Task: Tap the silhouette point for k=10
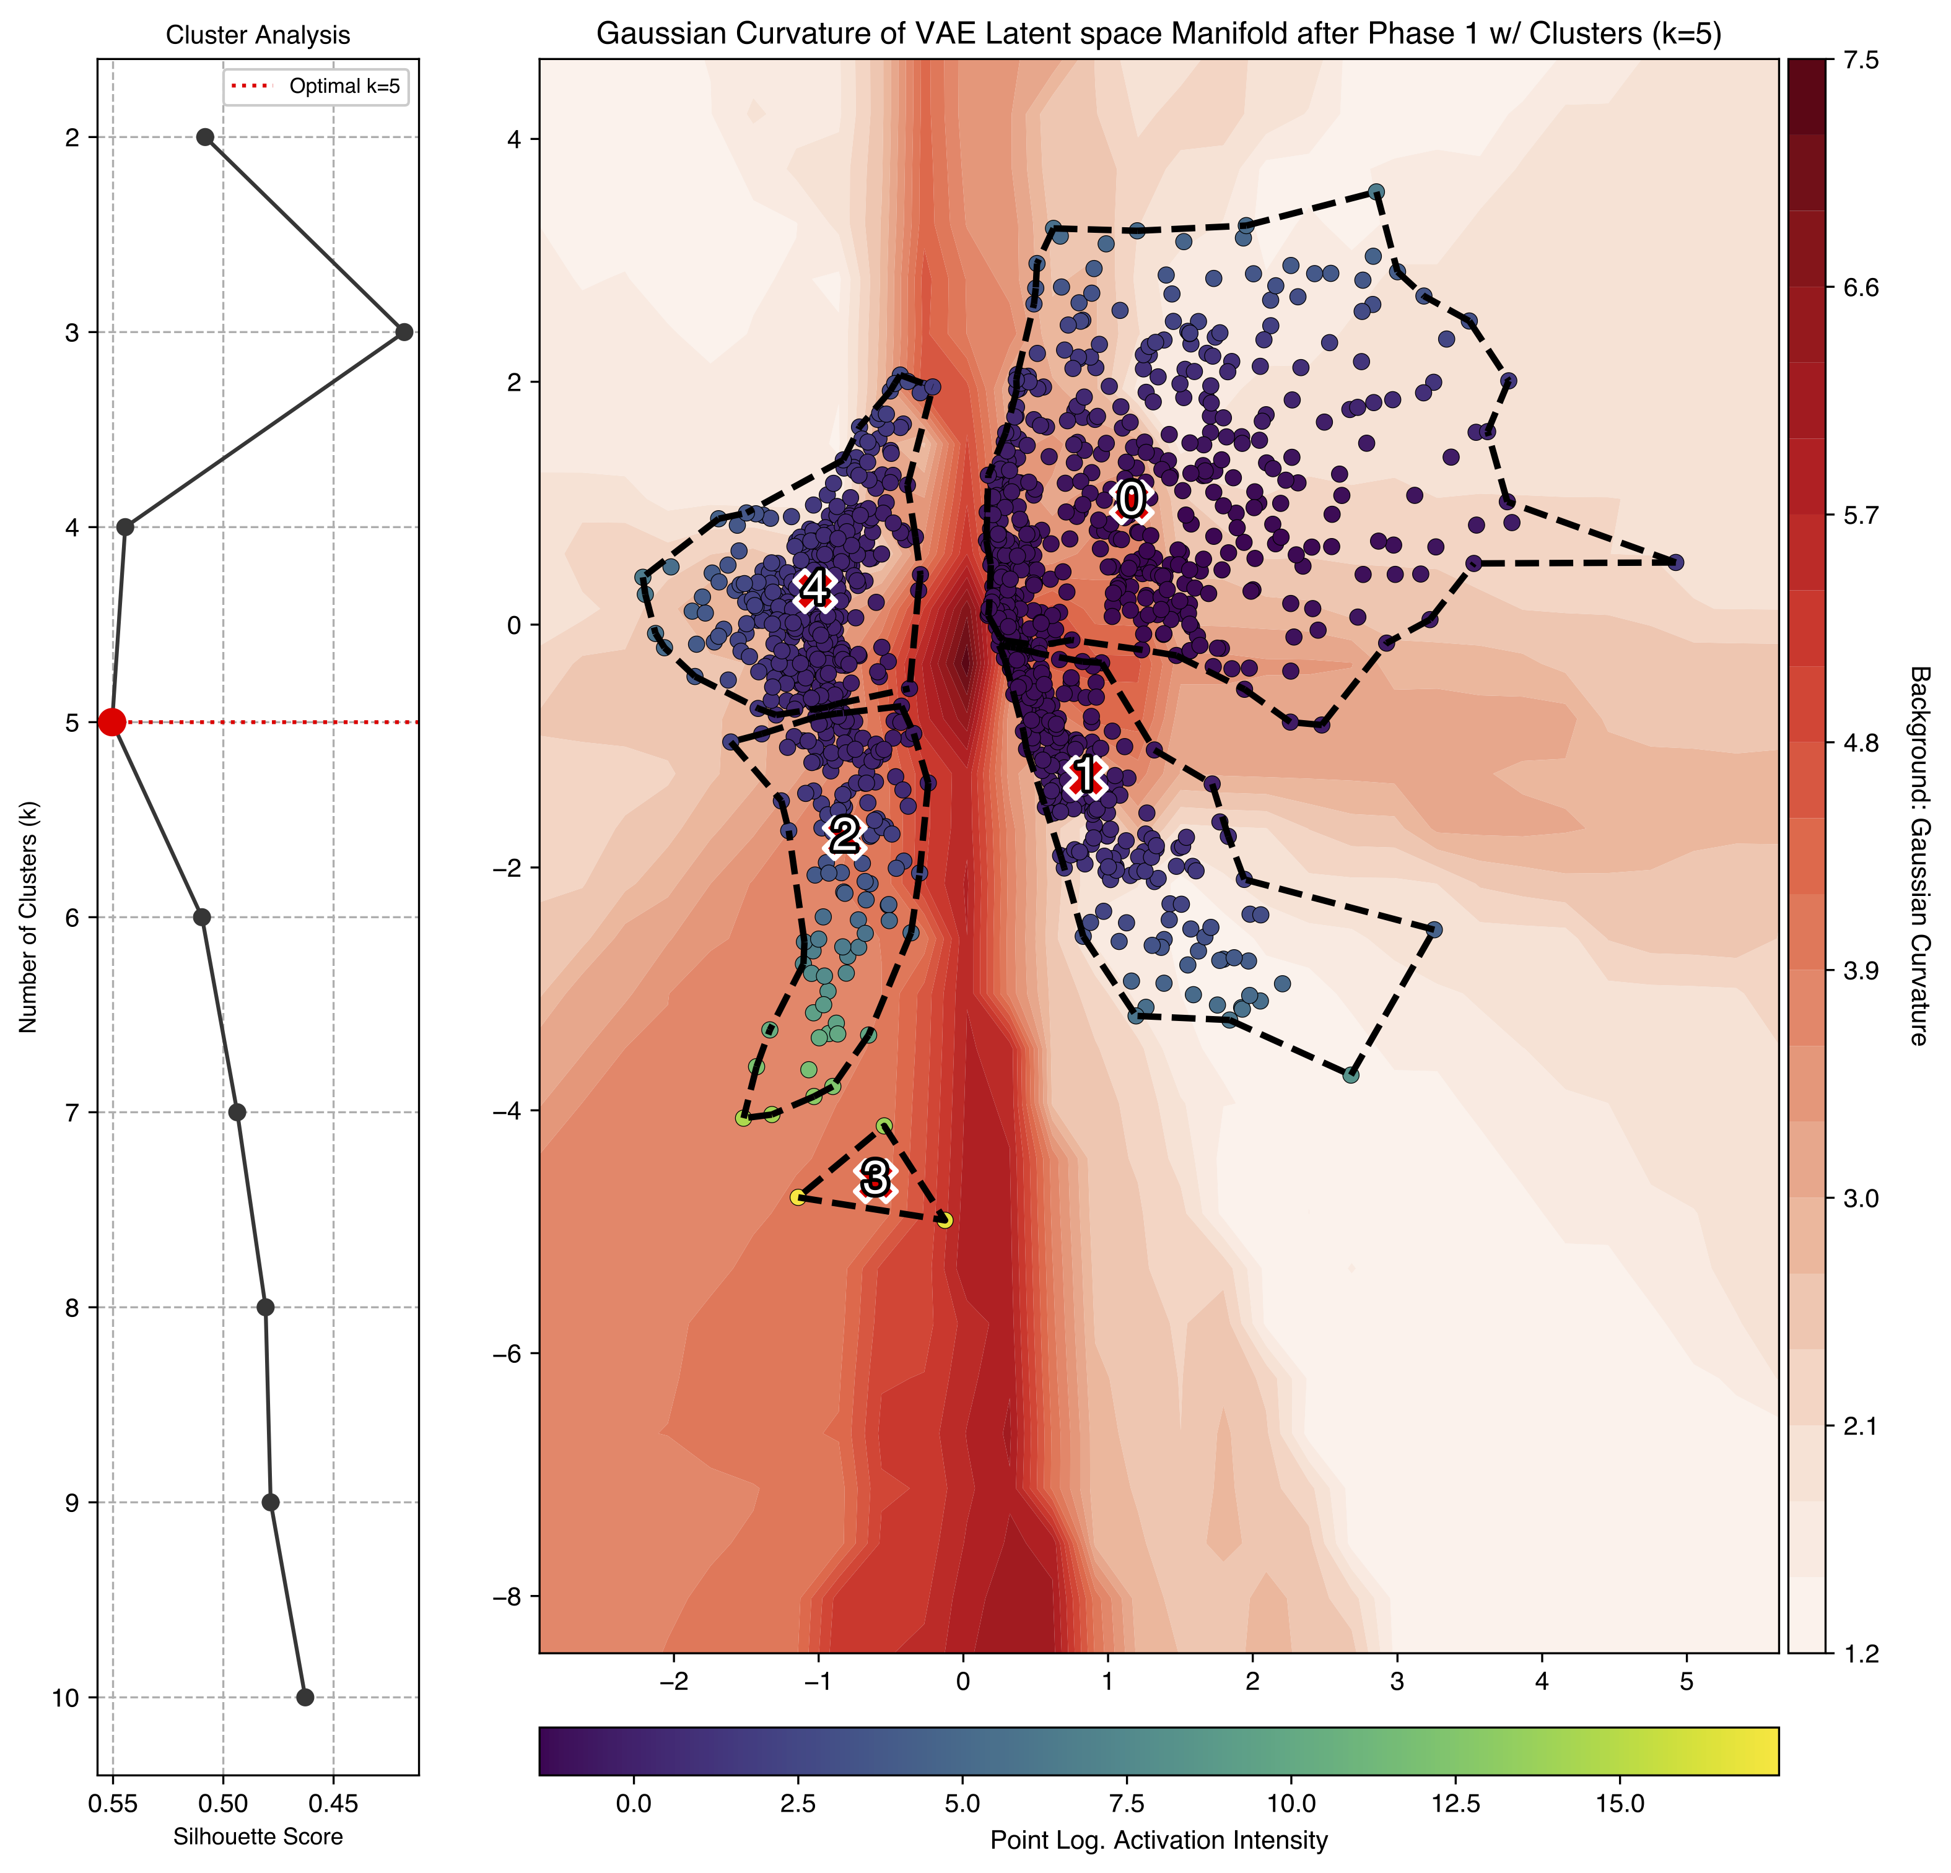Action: point(305,1697)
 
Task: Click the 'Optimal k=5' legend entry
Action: point(343,87)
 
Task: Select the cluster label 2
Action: point(844,834)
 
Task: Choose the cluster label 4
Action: point(815,588)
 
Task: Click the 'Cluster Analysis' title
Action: point(258,36)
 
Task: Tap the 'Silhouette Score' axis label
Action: point(258,1836)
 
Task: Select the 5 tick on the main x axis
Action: point(1686,1681)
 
